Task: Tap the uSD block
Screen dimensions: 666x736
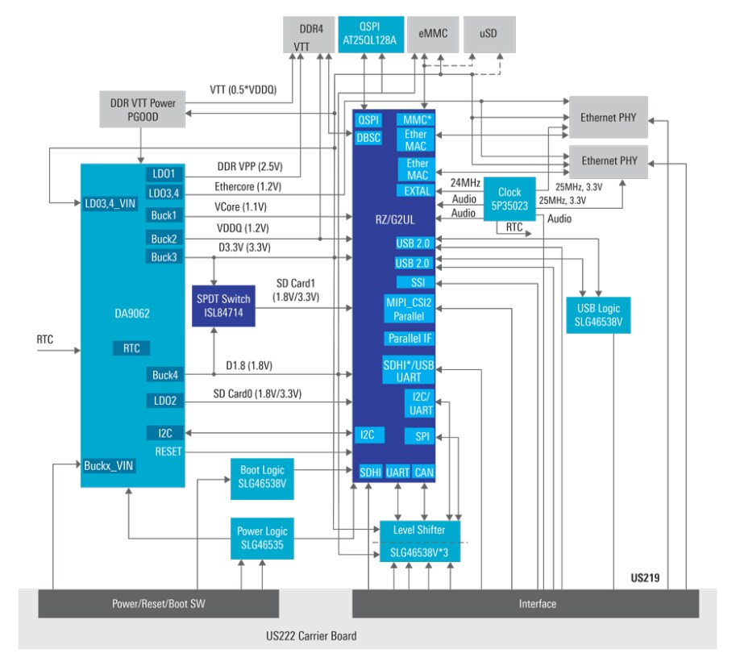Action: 487,34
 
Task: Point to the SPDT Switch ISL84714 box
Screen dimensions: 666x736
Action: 223,306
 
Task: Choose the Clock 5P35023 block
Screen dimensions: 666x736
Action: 509,199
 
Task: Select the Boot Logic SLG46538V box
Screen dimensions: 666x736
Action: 262,477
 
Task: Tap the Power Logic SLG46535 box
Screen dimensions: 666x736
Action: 262,538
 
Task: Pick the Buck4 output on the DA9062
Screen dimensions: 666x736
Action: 164,375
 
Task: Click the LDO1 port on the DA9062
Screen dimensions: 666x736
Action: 164,173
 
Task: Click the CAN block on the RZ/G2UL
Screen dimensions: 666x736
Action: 424,472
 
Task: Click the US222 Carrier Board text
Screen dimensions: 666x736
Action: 311,635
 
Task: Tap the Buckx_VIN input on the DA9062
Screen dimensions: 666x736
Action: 110,465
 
